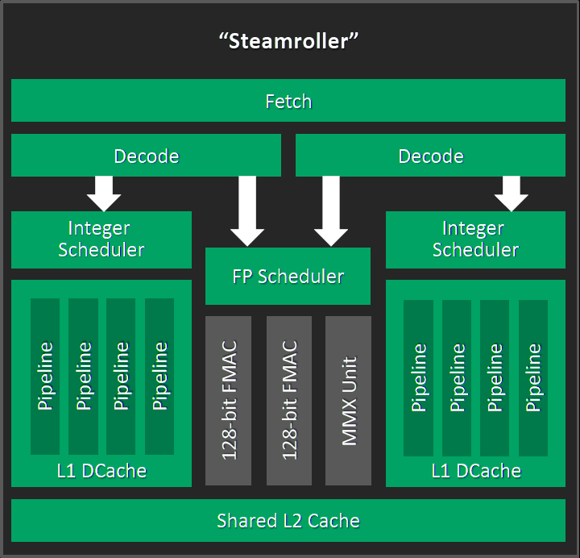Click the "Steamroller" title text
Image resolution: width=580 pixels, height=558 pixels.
288,41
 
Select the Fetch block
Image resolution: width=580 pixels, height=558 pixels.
288,102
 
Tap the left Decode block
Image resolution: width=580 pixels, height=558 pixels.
146,156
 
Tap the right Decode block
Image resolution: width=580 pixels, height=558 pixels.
431,156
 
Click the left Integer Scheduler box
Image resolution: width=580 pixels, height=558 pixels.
101,239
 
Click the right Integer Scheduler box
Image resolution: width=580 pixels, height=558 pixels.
475,239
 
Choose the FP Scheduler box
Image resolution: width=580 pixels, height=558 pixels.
288,277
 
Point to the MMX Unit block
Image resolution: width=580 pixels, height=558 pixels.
348,401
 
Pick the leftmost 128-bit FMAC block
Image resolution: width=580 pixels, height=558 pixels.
229,401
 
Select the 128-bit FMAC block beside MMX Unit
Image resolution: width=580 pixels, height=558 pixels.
289,401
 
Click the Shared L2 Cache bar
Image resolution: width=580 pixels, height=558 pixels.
288,521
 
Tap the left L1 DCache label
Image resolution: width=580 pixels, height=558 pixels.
101,470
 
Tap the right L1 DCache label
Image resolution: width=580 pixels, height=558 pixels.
475,470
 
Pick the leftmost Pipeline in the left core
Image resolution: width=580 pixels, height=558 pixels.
45,377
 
